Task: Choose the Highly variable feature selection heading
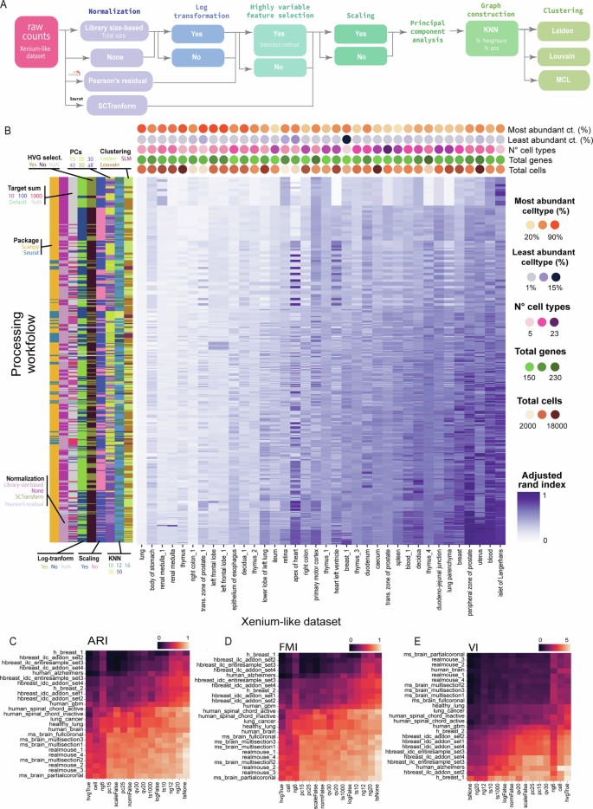(279, 13)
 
